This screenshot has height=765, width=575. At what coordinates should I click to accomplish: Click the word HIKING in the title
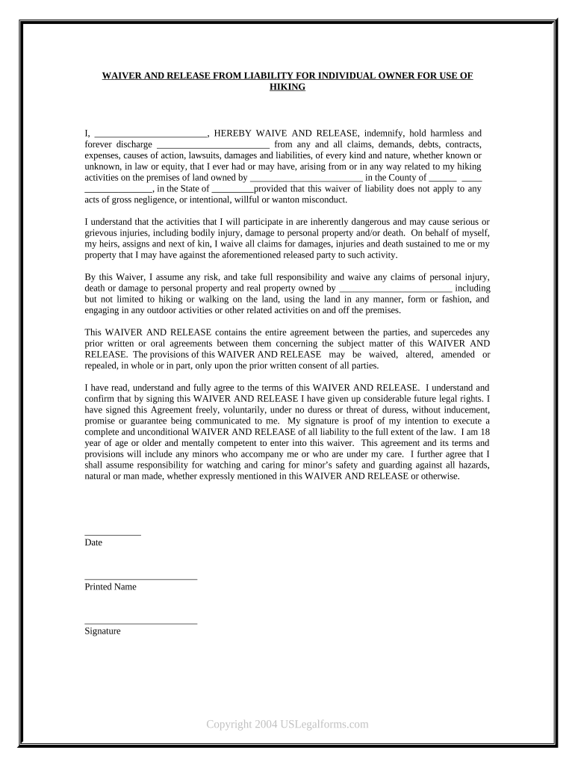(287, 87)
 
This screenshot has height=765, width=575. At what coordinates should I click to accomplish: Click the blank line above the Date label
(112, 534)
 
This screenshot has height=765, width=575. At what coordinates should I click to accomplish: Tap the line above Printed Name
(140, 578)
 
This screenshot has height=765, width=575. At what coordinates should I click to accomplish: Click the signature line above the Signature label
(140, 622)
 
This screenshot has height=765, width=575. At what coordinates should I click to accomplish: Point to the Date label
(93, 543)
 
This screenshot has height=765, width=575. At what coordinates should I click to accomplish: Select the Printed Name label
(111, 587)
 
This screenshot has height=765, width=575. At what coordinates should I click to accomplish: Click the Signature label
(102, 631)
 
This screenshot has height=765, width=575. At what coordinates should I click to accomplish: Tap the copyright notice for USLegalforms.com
(287, 724)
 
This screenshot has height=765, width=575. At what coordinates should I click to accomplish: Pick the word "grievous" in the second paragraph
(102, 233)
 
